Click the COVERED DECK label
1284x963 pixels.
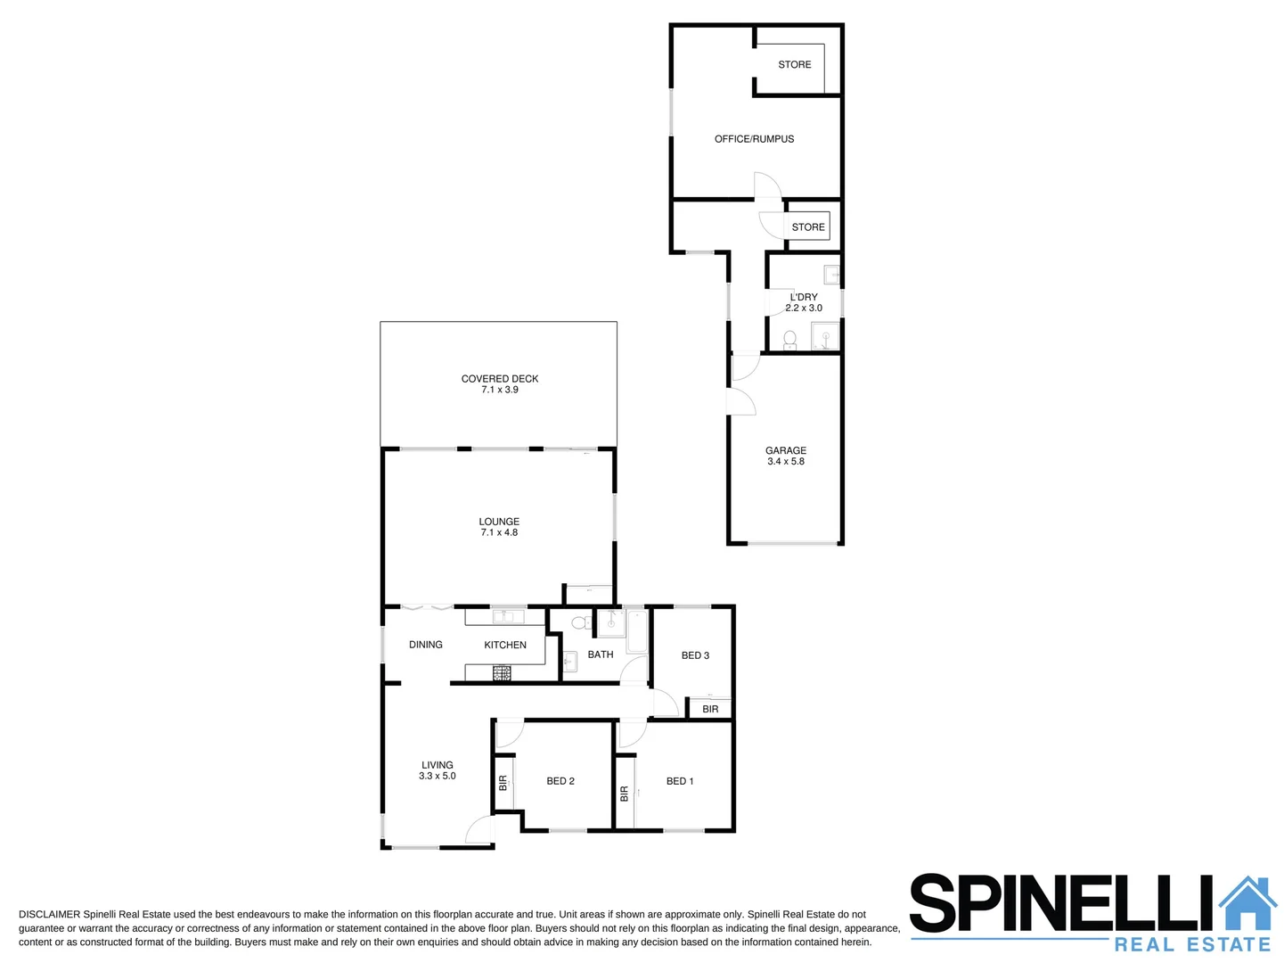499,379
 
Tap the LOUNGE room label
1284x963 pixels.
499,522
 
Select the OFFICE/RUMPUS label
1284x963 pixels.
754,139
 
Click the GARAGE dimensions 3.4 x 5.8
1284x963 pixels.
785,462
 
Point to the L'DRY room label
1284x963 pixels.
803,297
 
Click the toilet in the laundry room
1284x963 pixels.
789,340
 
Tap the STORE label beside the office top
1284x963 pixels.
794,65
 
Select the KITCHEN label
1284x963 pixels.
505,645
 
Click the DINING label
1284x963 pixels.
425,645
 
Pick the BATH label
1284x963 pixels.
600,654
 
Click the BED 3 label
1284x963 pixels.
695,655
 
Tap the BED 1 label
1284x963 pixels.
679,781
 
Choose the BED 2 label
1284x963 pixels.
560,781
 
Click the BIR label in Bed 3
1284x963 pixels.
710,710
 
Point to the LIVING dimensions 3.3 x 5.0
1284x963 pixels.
437,777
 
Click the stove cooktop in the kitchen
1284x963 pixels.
502,674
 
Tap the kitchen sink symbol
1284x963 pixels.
508,616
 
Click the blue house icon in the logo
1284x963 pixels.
1247,903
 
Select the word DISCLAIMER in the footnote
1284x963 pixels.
49,915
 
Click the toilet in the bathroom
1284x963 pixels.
579,623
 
